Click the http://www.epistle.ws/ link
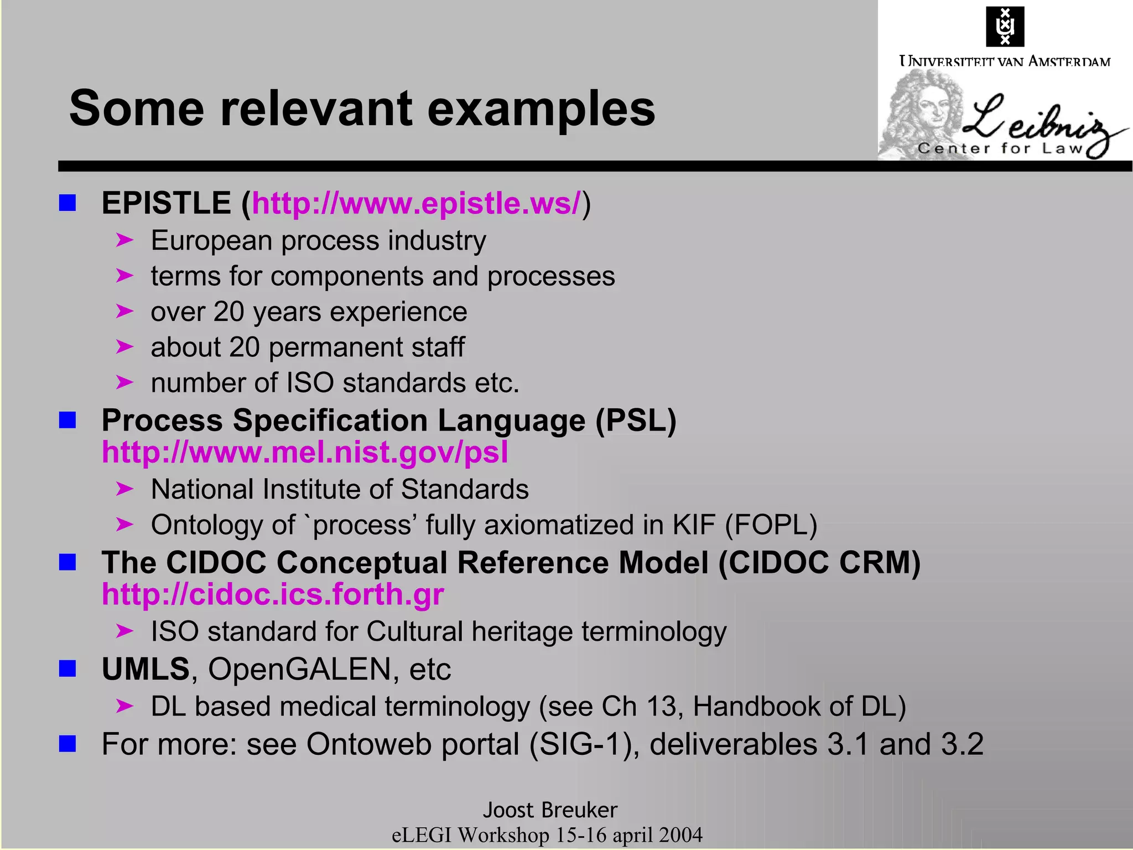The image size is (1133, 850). point(416,203)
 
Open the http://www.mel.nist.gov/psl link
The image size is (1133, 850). point(305,452)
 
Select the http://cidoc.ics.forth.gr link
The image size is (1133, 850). point(273,594)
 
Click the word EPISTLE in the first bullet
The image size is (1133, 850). point(166,203)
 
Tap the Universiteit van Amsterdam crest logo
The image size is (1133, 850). point(1005,26)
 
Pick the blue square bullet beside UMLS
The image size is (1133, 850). point(67,668)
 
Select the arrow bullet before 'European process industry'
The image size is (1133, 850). point(125,240)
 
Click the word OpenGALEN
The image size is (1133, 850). point(299,669)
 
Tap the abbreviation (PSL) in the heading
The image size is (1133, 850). point(636,421)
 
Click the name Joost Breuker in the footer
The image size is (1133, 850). point(550,810)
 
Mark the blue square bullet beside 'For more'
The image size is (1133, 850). point(67,744)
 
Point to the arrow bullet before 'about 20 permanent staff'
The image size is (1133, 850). point(125,347)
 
